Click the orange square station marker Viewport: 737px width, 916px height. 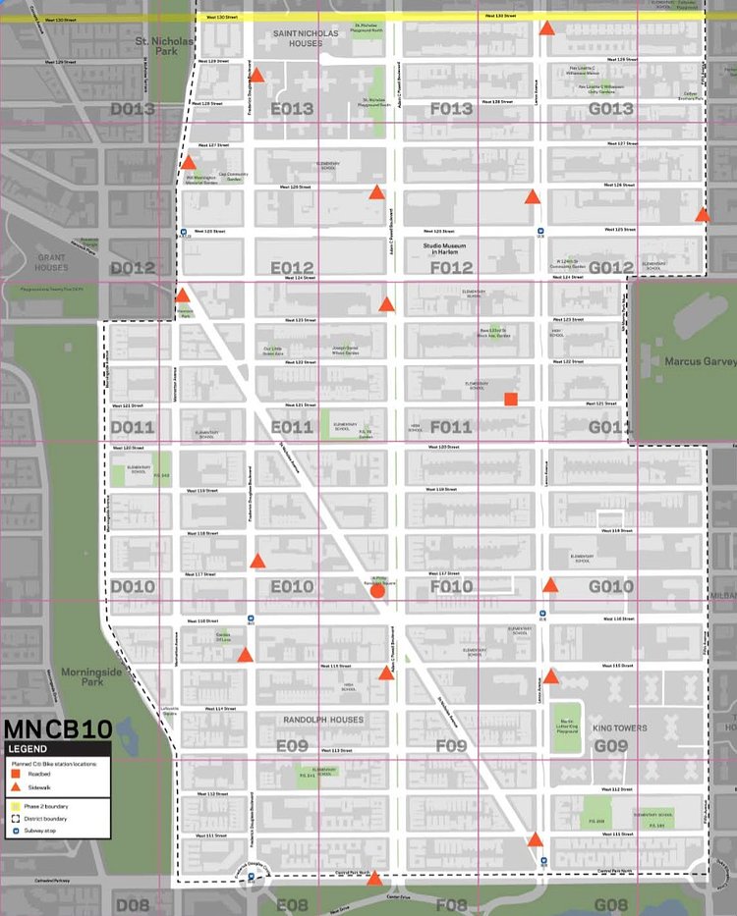click(510, 399)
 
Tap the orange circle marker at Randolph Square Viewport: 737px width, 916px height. click(377, 590)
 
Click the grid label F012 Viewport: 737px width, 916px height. click(451, 268)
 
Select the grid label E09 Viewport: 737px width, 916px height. click(292, 746)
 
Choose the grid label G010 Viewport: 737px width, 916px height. click(610, 587)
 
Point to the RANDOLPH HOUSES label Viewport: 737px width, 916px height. click(322, 720)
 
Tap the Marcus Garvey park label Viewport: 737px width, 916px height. click(700, 361)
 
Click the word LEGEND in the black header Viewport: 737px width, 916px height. click(28, 749)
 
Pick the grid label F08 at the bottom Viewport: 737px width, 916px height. click(451, 904)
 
